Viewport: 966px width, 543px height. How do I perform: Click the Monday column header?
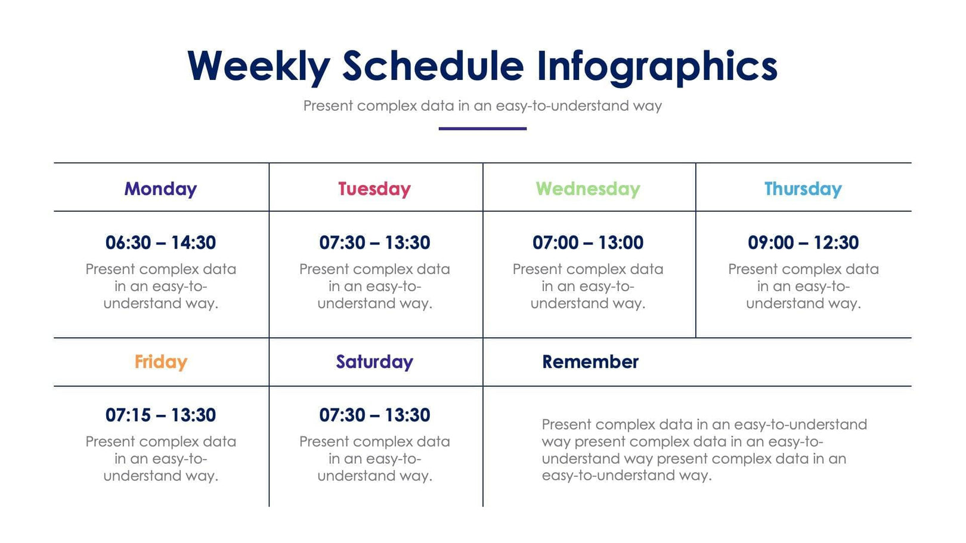click(160, 189)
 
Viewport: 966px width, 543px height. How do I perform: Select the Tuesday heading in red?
click(374, 189)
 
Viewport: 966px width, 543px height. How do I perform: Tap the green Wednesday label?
click(588, 189)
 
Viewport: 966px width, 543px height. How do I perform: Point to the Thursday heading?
click(803, 189)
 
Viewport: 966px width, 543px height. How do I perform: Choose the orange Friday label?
click(160, 362)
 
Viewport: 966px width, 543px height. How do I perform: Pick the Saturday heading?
click(374, 362)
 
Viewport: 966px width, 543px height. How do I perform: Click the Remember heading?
click(590, 362)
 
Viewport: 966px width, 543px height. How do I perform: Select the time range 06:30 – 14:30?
click(160, 243)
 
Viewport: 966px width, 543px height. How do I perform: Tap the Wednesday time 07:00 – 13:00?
click(588, 243)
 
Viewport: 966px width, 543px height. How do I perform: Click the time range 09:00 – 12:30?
click(803, 243)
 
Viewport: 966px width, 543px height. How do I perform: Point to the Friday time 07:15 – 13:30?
click(160, 415)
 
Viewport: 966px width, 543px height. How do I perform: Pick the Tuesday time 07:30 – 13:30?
click(374, 243)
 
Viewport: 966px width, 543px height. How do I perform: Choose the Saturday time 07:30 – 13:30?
click(374, 415)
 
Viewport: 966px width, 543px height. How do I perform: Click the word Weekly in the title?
click(258, 66)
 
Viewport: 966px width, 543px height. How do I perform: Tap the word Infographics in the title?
click(657, 66)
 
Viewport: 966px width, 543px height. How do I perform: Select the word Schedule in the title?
click(432, 66)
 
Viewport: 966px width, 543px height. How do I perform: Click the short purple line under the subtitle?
click(482, 128)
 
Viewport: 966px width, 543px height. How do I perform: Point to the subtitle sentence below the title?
click(482, 106)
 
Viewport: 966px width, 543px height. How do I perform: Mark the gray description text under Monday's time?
click(160, 286)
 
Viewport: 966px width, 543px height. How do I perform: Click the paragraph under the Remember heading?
click(704, 450)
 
